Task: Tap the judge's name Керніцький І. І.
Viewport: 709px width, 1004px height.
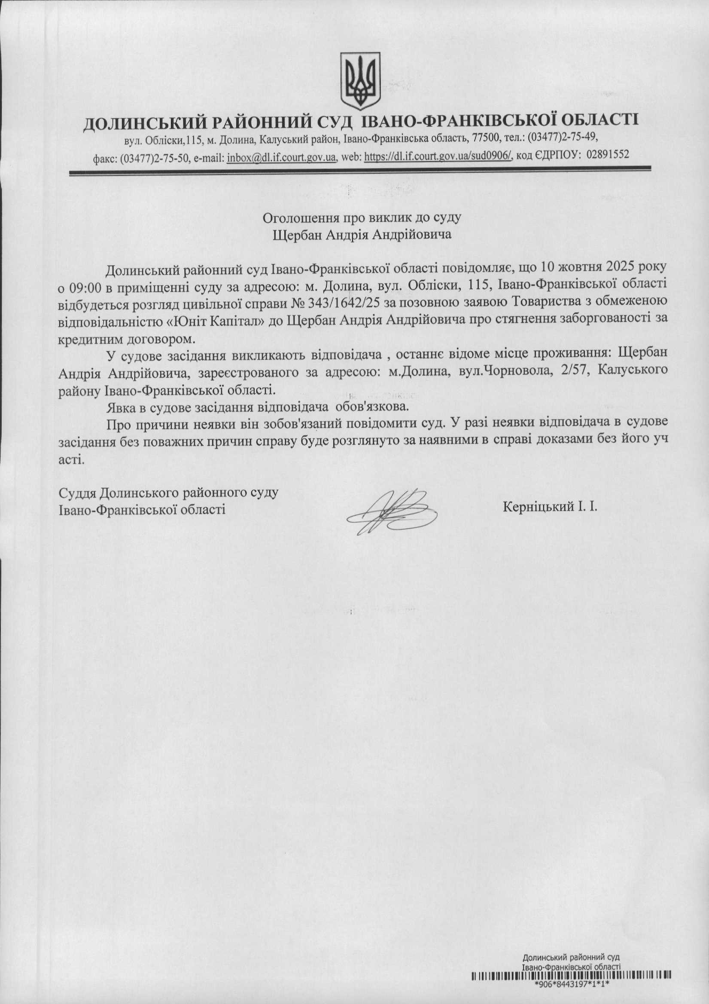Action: (550, 507)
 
